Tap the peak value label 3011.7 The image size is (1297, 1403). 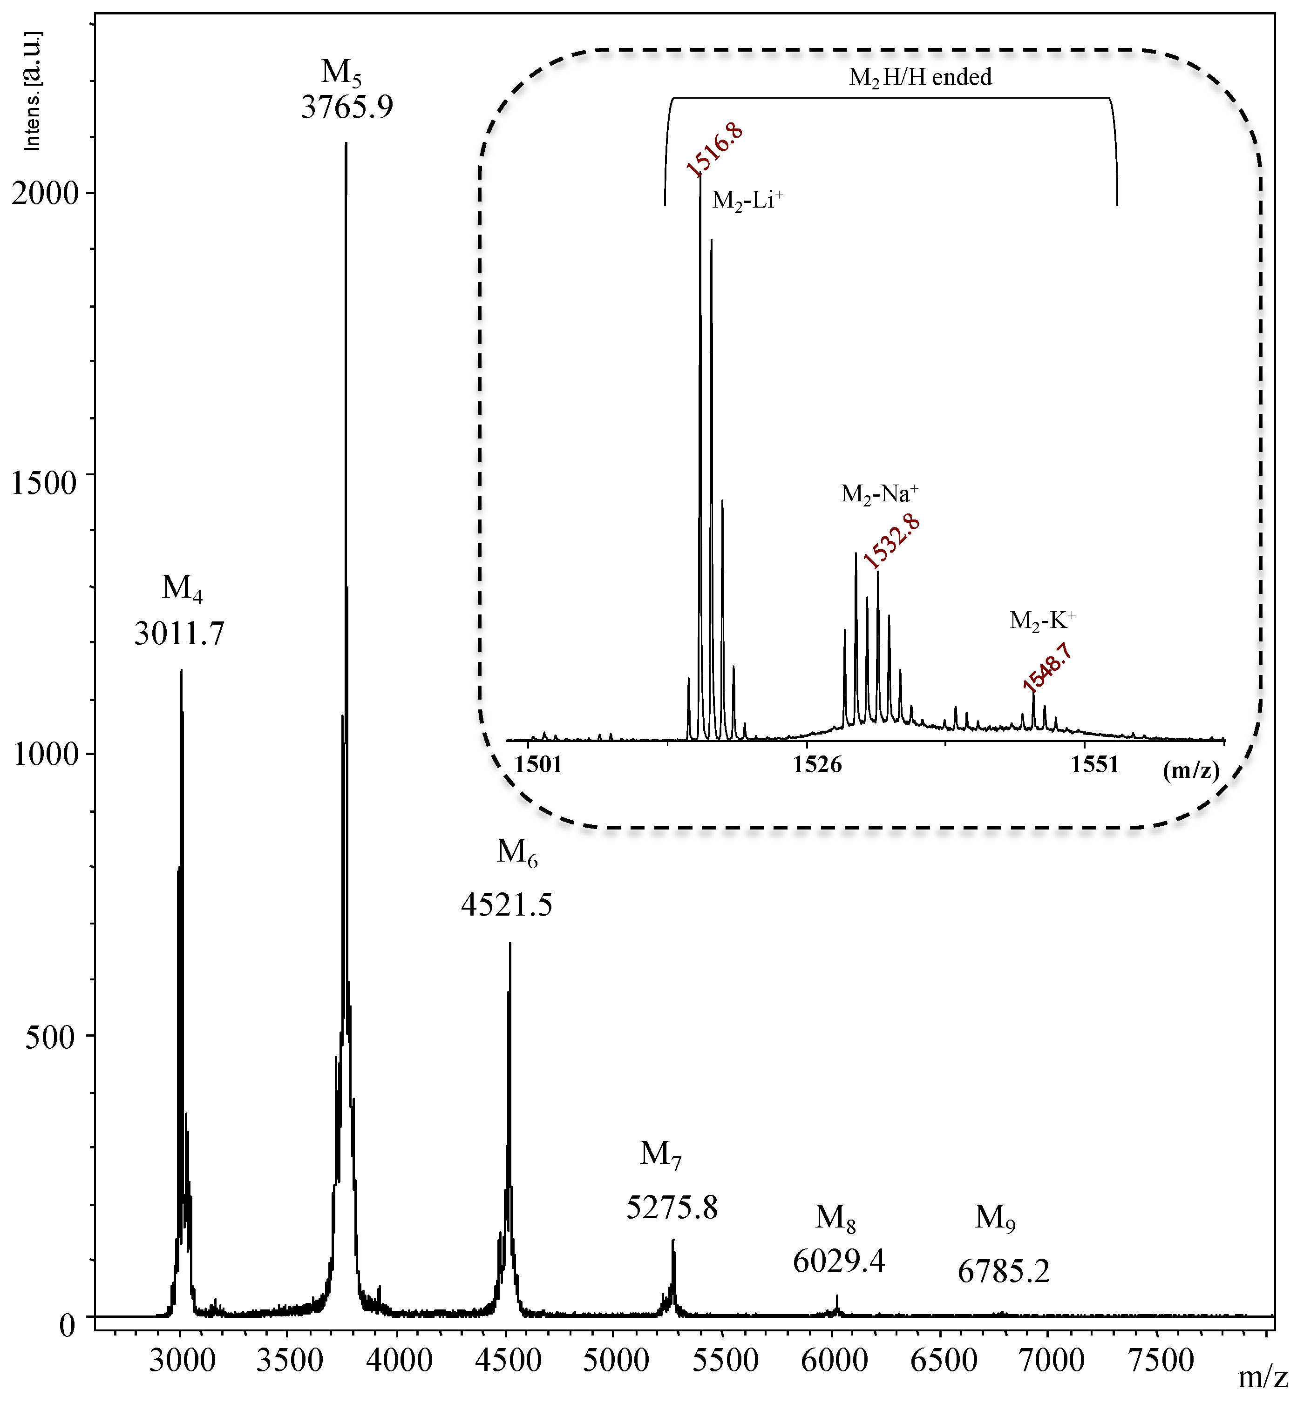click(x=180, y=634)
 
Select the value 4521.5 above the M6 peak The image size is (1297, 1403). click(x=507, y=904)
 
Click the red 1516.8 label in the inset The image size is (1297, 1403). click(x=714, y=149)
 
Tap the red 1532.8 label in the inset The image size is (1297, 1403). click(x=891, y=541)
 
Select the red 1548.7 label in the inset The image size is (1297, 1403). click(x=1047, y=667)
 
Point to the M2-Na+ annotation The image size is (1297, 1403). click(x=879, y=494)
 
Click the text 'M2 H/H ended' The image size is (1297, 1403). click(x=920, y=77)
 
